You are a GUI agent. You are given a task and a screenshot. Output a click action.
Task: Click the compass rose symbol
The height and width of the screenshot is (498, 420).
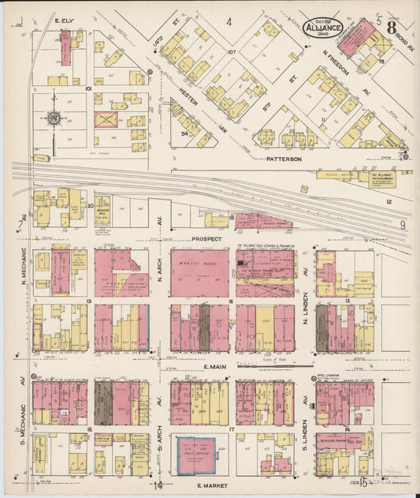[54, 119]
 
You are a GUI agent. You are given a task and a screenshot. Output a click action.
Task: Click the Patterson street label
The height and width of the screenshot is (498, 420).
[284, 159]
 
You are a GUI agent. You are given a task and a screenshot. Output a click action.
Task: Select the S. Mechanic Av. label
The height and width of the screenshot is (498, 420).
[23, 423]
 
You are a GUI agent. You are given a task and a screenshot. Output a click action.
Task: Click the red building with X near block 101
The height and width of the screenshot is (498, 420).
[105, 119]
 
